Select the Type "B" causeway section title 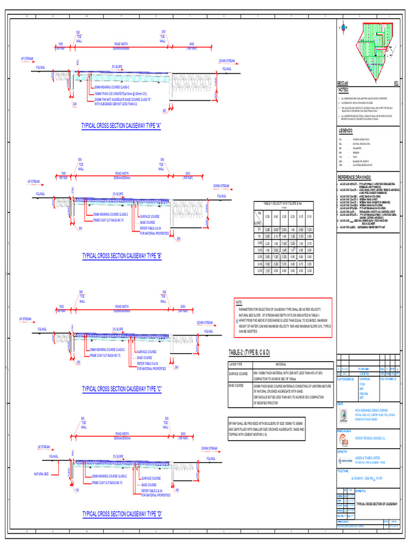[x=122, y=256]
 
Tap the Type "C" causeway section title [x=122, y=388]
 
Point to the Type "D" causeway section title [x=122, y=514]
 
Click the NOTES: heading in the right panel [x=344, y=90]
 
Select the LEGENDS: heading [x=346, y=130]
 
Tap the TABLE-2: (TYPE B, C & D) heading [x=249, y=353]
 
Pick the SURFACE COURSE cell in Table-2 [x=238, y=373]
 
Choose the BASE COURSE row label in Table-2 [x=236, y=385]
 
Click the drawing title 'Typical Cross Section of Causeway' [x=376, y=504]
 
